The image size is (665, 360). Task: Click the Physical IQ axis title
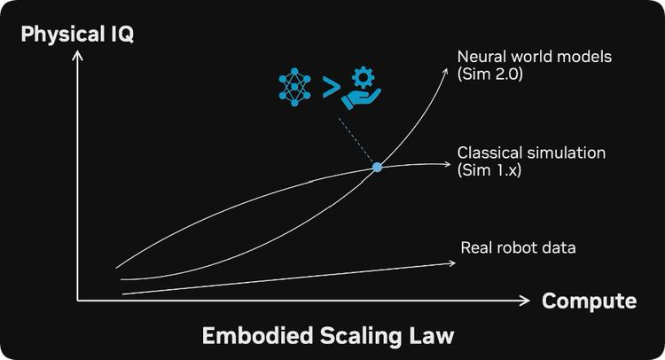point(77,34)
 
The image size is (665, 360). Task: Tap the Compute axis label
point(589,301)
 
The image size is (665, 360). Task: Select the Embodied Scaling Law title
point(328,335)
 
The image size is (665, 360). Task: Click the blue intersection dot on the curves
point(377,167)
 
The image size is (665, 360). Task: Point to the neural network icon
point(294,87)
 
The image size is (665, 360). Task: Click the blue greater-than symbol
point(331,88)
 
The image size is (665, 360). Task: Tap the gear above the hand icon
point(364,78)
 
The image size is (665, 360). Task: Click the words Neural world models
point(535,57)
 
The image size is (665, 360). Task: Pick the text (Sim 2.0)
point(489,74)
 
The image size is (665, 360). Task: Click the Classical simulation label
point(531,153)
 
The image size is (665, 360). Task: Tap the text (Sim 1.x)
point(489,170)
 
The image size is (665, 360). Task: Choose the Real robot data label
point(518,247)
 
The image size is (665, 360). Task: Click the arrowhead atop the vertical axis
point(77,54)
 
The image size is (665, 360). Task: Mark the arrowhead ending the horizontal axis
point(527,301)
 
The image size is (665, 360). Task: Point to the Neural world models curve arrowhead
point(445,71)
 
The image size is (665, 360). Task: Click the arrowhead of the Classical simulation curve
point(448,164)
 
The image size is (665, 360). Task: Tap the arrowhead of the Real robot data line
point(452,263)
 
